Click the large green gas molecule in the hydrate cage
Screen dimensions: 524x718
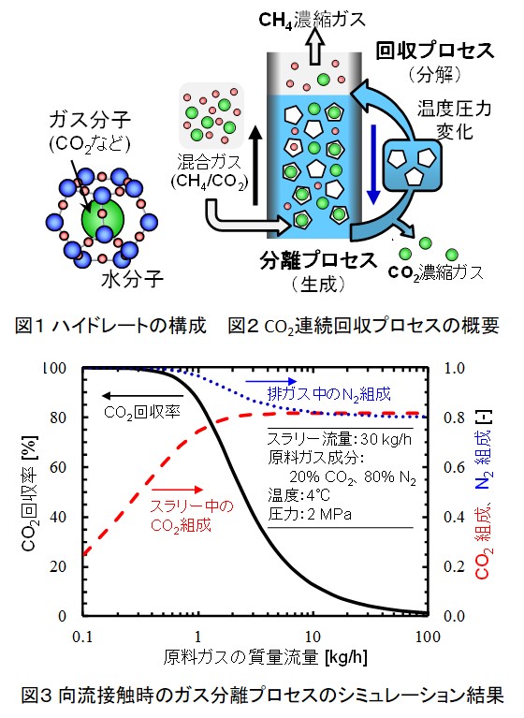tap(103, 220)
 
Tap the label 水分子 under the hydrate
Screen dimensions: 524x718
tap(132, 279)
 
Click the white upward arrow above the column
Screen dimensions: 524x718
tap(314, 49)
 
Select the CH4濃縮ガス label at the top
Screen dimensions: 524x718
tap(313, 20)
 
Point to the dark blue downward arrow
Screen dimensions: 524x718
tap(374, 164)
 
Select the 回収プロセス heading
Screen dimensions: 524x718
tap(435, 51)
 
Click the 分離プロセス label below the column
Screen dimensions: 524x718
tap(318, 260)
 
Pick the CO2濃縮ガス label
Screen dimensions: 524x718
tap(436, 272)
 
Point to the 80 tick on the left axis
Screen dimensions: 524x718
tap(57, 418)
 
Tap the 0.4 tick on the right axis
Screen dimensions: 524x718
tap(455, 517)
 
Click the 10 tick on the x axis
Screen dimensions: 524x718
tap(313, 637)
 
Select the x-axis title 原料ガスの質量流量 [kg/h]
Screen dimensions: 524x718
tap(266, 657)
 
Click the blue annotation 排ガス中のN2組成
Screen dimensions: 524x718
tap(329, 394)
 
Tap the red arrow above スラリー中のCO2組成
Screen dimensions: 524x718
tap(178, 490)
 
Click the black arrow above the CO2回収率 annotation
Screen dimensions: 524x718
tap(143, 396)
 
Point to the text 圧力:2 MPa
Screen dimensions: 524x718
tap(310, 514)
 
